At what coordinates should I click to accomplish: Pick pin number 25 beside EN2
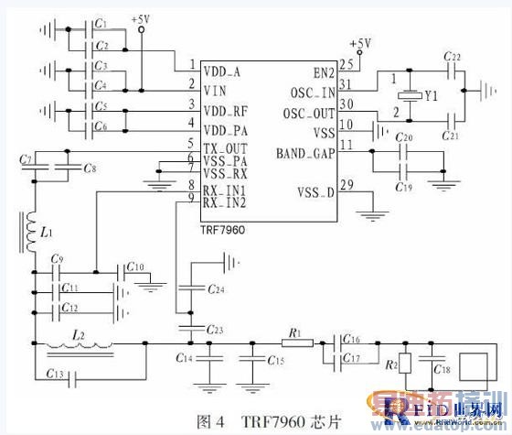tap(345, 64)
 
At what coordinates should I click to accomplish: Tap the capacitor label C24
tap(216, 290)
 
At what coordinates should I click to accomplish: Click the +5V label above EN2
tap(361, 43)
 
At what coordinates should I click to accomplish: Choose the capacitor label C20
tap(403, 138)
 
